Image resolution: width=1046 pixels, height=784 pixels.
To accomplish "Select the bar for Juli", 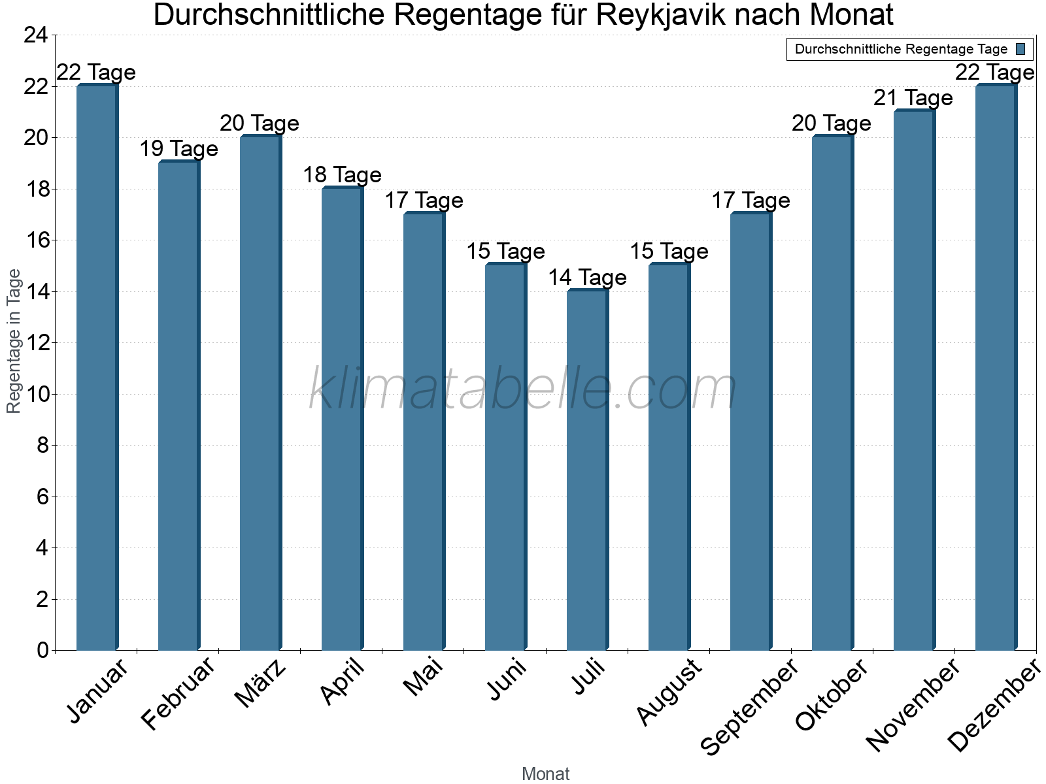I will [587, 470].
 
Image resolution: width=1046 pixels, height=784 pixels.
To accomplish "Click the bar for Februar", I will [178, 405].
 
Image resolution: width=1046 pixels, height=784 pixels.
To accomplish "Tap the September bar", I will [751, 431].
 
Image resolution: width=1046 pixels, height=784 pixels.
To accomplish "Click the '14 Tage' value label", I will [587, 278].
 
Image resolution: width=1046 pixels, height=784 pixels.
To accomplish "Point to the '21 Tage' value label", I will [913, 98].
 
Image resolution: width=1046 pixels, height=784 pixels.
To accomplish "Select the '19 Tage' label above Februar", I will [178, 149].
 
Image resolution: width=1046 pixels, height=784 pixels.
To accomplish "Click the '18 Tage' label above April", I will [342, 175].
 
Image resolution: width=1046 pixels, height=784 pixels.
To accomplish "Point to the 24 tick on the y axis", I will [36, 35].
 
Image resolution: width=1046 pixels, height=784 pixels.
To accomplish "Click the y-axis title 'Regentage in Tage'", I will [14, 341].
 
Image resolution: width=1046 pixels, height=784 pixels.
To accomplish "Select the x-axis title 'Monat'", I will [546, 774].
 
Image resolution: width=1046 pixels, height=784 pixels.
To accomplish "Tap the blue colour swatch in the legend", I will [1021, 49].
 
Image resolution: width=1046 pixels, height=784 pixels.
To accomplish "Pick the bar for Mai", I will [424, 431].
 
